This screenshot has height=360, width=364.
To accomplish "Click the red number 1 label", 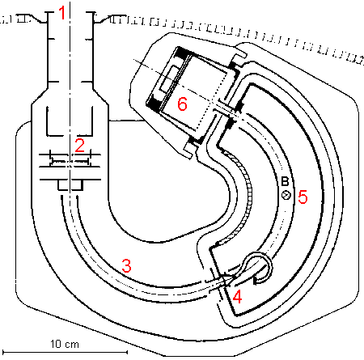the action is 62,13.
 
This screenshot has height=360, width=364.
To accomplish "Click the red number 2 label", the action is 80,146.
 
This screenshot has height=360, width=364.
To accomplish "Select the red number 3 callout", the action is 126,265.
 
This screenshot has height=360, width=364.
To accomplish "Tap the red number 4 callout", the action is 237,297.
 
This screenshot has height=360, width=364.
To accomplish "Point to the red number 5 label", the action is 303,197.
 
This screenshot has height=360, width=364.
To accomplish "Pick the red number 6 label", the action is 182,104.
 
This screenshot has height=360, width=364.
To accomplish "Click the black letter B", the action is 285,181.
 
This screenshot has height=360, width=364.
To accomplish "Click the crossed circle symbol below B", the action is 286,195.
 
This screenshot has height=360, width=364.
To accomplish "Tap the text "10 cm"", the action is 65,344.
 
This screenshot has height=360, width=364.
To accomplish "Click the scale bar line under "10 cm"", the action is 65,352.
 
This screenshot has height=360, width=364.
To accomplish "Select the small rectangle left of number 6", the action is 169,78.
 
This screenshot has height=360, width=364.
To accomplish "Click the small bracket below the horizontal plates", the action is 70,185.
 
